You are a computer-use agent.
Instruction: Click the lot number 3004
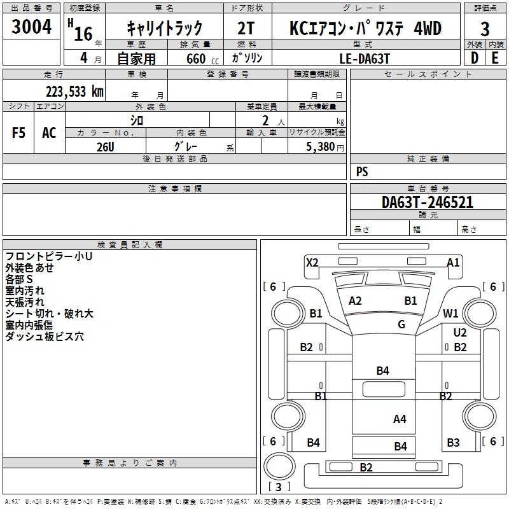(31, 27)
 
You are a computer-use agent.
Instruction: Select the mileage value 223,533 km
(74, 92)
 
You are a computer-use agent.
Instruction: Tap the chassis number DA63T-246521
(428, 202)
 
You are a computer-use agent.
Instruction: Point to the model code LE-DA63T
(364, 59)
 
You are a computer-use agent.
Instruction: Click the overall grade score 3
(485, 29)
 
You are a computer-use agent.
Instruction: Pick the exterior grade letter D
(475, 58)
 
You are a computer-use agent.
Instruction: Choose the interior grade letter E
(495, 58)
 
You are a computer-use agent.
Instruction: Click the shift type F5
(18, 133)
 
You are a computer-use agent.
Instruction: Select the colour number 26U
(106, 147)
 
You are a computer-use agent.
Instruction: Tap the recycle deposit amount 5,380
(321, 147)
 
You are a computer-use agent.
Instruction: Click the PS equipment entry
(362, 172)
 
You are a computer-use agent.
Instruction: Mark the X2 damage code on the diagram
(312, 262)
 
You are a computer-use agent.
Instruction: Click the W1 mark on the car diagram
(450, 314)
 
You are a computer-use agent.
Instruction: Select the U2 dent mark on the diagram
(460, 332)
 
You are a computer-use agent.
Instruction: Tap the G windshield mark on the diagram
(401, 324)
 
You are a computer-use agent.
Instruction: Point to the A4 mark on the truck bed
(400, 419)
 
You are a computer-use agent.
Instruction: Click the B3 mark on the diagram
(453, 442)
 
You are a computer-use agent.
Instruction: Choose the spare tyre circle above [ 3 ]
(279, 466)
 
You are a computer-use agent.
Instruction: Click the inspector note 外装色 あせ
(29, 268)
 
